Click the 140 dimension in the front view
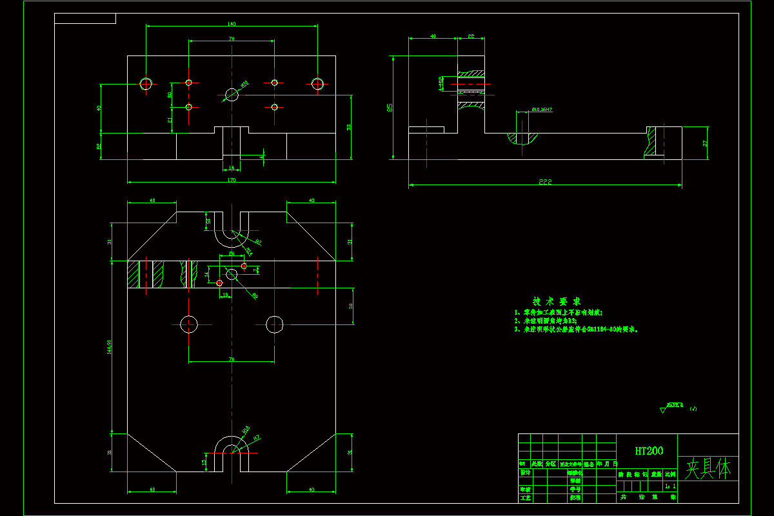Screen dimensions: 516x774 point(232,24)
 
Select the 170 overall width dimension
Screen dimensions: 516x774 point(232,179)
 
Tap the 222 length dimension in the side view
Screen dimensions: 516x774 point(546,182)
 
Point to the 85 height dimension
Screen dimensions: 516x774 point(390,107)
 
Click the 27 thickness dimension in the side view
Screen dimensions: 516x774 point(705,143)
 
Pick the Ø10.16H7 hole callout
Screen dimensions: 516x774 point(542,110)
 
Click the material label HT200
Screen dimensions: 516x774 point(648,451)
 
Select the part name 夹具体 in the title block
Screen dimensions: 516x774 point(708,469)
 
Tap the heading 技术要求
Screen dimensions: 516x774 point(556,301)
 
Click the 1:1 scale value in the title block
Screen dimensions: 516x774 point(670,486)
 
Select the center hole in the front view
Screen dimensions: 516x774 point(232,95)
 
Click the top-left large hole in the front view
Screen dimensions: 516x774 point(146,83)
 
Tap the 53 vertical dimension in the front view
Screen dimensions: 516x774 point(349,127)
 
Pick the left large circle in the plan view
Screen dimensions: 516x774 point(189,324)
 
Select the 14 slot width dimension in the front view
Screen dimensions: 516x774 point(232,168)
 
